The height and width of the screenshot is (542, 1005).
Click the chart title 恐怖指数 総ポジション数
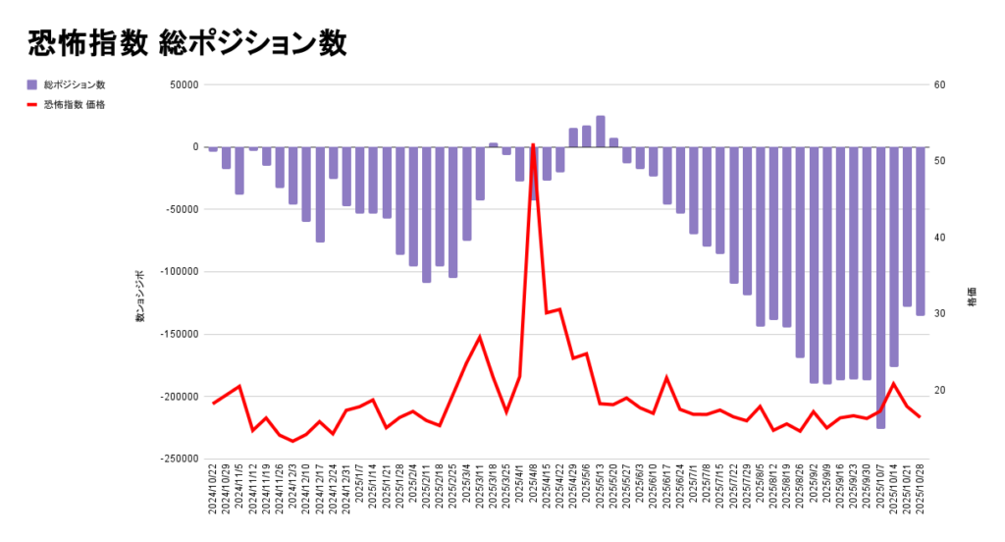tap(186, 43)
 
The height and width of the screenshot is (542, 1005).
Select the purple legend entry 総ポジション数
tap(74, 85)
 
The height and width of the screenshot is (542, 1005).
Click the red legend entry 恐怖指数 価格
tap(74, 104)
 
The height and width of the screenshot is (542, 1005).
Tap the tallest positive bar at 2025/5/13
tap(601, 132)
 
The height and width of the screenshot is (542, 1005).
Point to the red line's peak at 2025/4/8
tap(533, 145)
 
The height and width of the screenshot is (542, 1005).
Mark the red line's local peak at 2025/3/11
tap(480, 337)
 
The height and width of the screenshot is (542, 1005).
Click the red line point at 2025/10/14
tap(894, 384)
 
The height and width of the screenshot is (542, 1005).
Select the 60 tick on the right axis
tap(939, 84)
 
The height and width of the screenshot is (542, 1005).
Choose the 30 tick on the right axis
tap(939, 314)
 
